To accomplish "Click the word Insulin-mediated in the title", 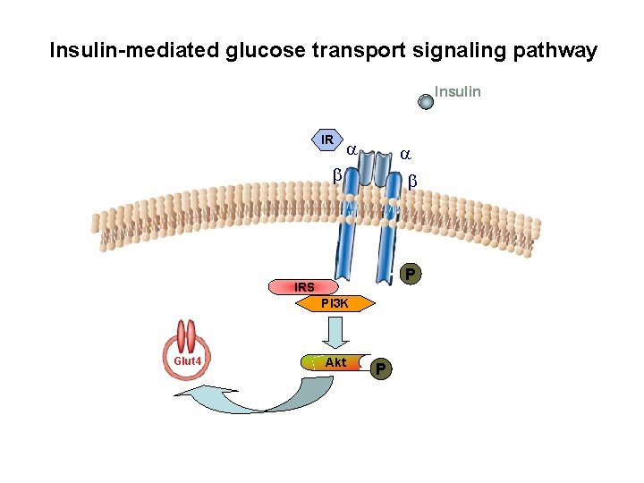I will pos(133,50).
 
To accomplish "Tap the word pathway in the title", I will pos(555,50).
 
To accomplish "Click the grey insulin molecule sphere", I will pos(427,102).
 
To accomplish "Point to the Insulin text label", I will pos(457,91).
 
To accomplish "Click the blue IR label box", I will pos(326,140).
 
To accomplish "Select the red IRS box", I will pos(304,287).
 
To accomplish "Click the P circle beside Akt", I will pos(381,368).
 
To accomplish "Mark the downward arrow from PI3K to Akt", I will pos(336,332).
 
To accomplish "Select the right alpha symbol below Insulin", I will pos(405,154).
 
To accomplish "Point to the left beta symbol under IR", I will pos(337,175).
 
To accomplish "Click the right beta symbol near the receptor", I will pos(412,182).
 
